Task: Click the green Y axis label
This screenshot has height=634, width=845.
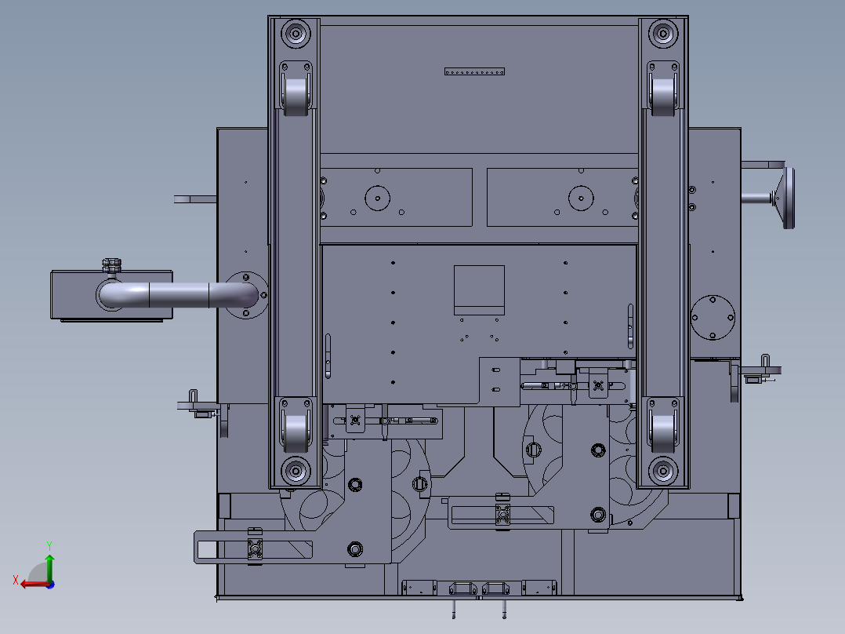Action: [49, 545]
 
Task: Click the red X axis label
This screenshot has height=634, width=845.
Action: [16, 580]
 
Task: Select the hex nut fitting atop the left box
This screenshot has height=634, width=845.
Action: [111, 265]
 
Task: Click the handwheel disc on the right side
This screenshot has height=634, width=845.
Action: [789, 198]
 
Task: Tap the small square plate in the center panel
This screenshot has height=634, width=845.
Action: [479, 290]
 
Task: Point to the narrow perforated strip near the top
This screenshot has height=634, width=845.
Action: [474, 71]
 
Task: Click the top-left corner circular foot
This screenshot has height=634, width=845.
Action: [296, 34]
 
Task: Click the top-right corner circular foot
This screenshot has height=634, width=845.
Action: [663, 34]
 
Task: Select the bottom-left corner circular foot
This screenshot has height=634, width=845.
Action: [296, 471]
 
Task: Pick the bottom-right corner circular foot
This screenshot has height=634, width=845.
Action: [663, 471]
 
